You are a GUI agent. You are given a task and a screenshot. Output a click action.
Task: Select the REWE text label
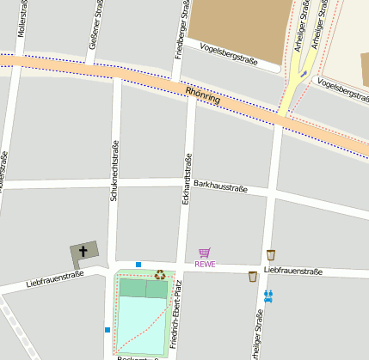click(205, 264)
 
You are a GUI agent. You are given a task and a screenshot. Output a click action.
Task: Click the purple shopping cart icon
click(205, 253)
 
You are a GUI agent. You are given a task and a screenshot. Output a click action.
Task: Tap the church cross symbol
click(83, 252)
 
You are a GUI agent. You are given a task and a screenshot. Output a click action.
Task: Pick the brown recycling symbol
click(160, 275)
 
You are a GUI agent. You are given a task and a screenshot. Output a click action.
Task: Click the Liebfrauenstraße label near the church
click(55, 277)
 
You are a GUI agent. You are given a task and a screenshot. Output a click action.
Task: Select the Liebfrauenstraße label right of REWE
click(293, 271)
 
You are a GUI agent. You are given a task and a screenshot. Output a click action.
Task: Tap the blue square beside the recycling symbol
click(138, 265)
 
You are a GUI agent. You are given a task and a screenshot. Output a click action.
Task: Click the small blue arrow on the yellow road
click(304, 73)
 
